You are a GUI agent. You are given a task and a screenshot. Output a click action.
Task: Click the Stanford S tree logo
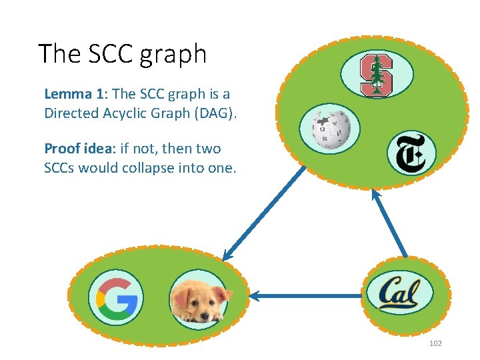pos(377,75)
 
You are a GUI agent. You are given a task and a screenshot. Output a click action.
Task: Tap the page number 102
pos(435,343)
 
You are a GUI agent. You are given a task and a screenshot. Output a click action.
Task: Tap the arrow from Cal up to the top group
pos(389,223)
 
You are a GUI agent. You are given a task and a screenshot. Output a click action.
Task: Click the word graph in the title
pos(173,53)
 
